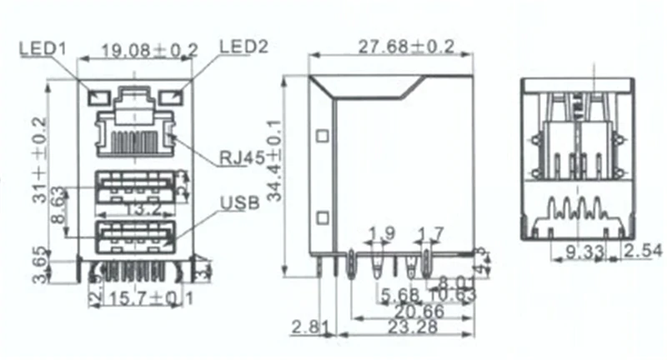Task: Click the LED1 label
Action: tap(43, 49)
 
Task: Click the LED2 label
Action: tap(244, 47)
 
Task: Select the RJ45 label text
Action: tap(243, 157)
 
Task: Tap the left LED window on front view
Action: tap(98, 97)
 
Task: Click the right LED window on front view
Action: tap(173, 97)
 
